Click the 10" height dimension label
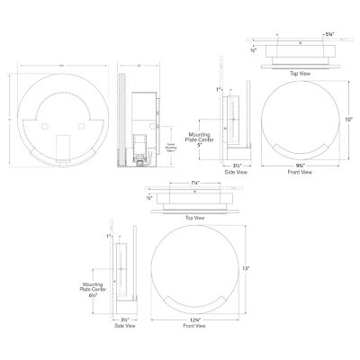pyautogui.click(x=349, y=119)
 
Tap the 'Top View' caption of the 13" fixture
pyautogui.click(x=193, y=219)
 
